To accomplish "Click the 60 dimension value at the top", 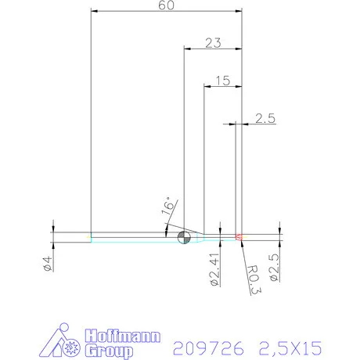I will (165, 5).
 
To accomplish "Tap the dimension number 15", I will (221, 80).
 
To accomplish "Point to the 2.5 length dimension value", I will (265, 118).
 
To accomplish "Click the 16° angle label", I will (168, 207).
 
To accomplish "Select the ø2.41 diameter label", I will (214, 267).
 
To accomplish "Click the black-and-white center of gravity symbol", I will (185, 237).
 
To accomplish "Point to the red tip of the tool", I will (239, 236).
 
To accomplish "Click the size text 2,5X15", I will (293, 345).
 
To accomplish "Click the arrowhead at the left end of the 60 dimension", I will (95, 11).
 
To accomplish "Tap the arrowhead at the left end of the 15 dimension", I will (207, 86).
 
